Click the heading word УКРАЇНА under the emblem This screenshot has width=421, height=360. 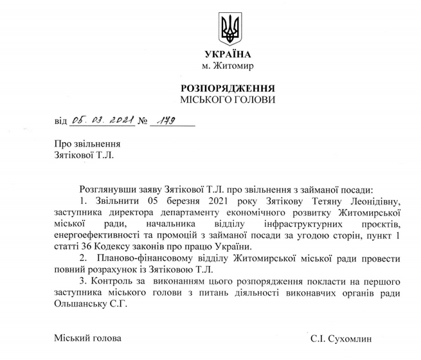click(228, 54)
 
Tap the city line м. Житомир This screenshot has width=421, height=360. click(228, 66)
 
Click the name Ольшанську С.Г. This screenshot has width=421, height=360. click(83, 305)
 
